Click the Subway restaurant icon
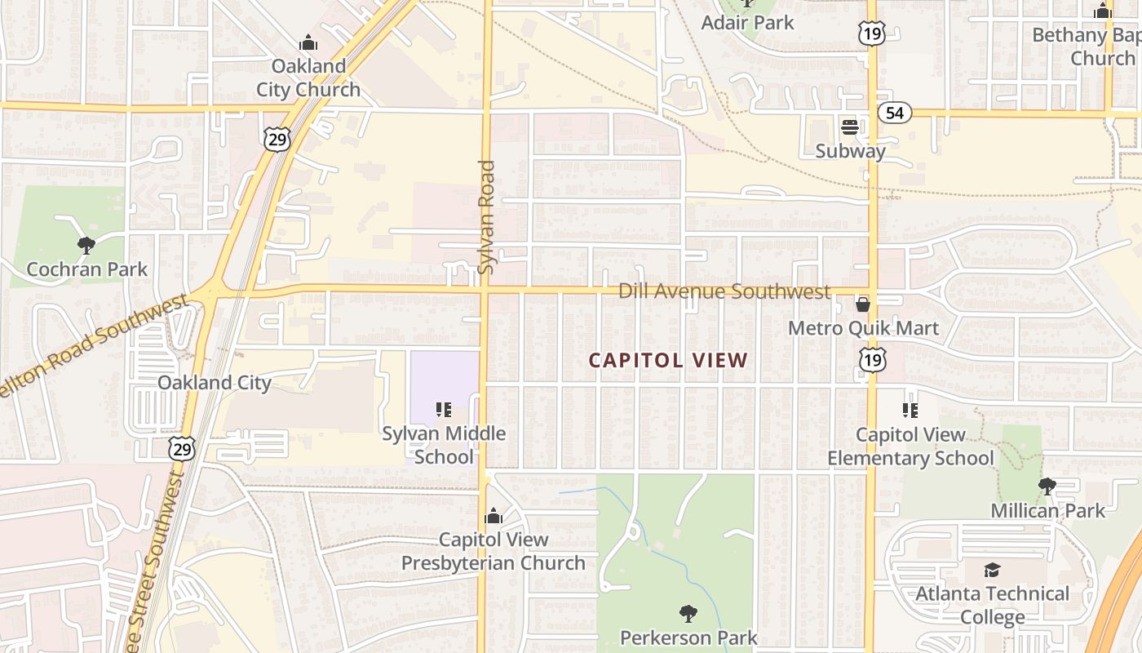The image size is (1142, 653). click(850, 127)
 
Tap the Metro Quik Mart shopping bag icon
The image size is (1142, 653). click(862, 305)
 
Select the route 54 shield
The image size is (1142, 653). click(895, 113)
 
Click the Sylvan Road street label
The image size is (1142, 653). click(486, 216)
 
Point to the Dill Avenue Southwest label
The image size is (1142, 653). click(724, 291)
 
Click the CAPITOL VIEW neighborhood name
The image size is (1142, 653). click(668, 360)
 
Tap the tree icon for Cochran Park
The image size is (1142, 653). click(86, 245)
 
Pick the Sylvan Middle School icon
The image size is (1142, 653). click(444, 409)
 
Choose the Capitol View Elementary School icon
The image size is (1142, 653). click(910, 410)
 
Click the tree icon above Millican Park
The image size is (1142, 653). click(1047, 486)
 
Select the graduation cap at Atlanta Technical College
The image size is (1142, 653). click(992, 570)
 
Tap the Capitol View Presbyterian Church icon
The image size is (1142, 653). click(493, 516)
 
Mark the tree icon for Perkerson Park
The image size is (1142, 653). click(688, 613)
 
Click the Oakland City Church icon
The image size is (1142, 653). click(308, 42)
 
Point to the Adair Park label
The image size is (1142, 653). click(747, 22)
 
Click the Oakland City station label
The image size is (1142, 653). click(214, 382)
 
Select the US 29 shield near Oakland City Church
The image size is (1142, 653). click(277, 140)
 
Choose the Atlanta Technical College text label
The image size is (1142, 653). click(992, 605)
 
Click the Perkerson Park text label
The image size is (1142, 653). click(688, 637)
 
